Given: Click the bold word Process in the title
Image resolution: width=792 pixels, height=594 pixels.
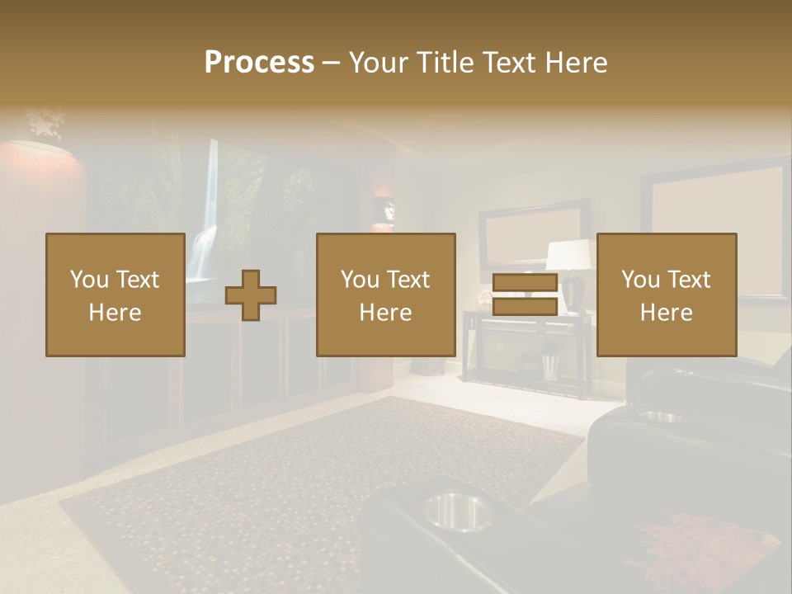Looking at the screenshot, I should click(x=259, y=62).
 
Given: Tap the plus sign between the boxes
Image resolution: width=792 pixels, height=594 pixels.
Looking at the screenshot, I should click(x=251, y=295).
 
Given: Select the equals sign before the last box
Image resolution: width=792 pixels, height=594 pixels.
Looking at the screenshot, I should click(x=525, y=295).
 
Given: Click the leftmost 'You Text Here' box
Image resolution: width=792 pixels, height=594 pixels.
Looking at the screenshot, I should click(x=115, y=295).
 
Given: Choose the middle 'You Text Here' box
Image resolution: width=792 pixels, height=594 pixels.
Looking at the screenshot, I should click(x=386, y=295).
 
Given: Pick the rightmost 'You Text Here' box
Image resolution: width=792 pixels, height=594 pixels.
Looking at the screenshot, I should click(x=667, y=295).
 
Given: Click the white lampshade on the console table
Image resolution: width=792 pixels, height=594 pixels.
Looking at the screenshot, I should click(x=570, y=255).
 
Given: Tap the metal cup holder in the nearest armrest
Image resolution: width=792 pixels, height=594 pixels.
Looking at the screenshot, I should click(x=457, y=511).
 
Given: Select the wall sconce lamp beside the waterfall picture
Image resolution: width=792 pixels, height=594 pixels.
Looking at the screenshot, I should click(x=384, y=211).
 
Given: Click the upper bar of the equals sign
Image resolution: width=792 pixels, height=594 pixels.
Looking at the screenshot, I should click(x=525, y=283).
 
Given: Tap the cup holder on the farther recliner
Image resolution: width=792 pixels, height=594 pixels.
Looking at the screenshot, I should click(x=665, y=417).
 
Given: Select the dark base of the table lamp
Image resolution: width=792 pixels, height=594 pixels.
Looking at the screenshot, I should click(x=573, y=293).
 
